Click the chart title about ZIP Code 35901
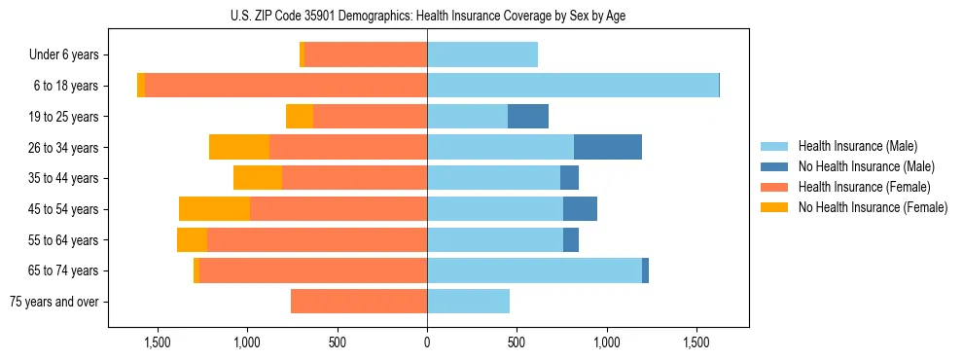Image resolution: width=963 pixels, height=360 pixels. click(428, 16)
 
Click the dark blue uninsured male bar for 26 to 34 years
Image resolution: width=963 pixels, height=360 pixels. click(608, 147)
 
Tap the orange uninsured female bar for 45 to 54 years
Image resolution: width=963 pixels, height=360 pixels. click(214, 208)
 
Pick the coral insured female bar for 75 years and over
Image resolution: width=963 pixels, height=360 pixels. click(358, 302)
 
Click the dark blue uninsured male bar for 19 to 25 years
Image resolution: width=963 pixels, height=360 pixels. click(528, 117)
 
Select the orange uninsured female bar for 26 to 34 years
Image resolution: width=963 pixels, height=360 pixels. click(239, 147)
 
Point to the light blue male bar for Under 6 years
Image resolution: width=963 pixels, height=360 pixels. click(482, 55)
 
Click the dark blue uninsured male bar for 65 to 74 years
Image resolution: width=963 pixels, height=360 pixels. click(645, 270)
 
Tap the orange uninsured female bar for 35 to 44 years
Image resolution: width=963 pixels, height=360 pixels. click(258, 178)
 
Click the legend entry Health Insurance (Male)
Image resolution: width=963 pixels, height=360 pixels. click(857, 146)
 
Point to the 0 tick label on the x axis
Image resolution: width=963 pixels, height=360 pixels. click(427, 342)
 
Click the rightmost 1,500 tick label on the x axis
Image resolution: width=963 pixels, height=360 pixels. click(696, 342)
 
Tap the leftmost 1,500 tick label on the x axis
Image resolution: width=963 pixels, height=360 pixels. click(158, 342)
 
